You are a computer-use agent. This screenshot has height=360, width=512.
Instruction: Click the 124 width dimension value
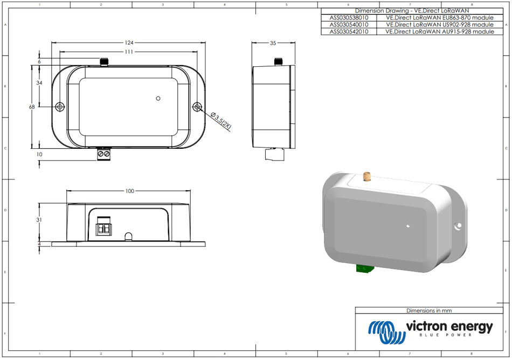point(129,43)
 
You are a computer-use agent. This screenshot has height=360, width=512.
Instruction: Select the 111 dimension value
point(129,52)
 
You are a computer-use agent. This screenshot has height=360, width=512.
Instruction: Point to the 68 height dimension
point(32,107)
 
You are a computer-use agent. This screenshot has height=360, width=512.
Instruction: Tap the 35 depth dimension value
point(273,43)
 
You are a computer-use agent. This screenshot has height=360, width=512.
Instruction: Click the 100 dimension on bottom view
point(129,191)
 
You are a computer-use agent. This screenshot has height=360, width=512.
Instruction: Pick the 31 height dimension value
point(39,219)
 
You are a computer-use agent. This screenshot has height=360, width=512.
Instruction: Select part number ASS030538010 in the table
point(349,18)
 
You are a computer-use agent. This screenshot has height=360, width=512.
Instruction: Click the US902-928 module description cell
point(440,25)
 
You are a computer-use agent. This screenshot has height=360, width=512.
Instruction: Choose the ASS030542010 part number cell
point(349,32)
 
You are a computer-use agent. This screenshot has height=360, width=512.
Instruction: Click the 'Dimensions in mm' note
point(429,310)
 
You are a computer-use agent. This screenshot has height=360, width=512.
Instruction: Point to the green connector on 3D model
point(366,268)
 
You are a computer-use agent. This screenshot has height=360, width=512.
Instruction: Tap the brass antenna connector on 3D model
point(369,176)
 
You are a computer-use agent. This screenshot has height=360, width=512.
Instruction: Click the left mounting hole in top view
point(60,107)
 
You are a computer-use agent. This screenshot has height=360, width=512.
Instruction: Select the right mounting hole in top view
point(198,107)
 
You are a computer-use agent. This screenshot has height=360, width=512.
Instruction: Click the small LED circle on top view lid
point(158,98)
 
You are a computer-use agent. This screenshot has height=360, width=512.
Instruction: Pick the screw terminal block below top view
point(104,154)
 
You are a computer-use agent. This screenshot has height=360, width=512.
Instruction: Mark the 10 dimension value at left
point(39,154)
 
